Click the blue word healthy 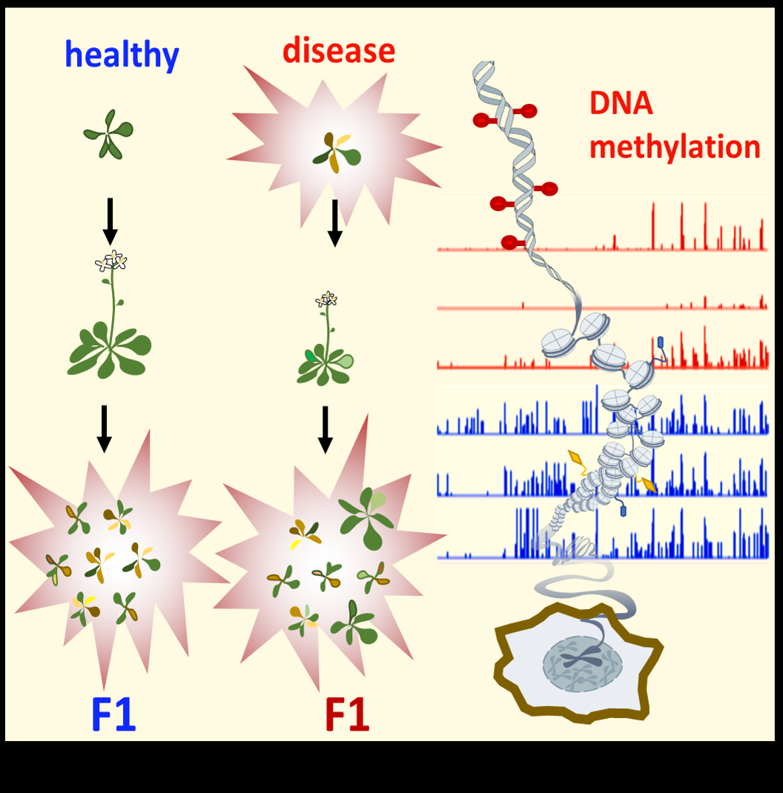click(122, 55)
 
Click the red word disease click(339, 51)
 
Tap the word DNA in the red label click(621, 104)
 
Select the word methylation click(675, 147)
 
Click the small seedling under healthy click(108, 134)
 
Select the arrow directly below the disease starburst click(334, 222)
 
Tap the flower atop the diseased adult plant click(326, 299)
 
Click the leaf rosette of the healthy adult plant click(110, 351)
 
